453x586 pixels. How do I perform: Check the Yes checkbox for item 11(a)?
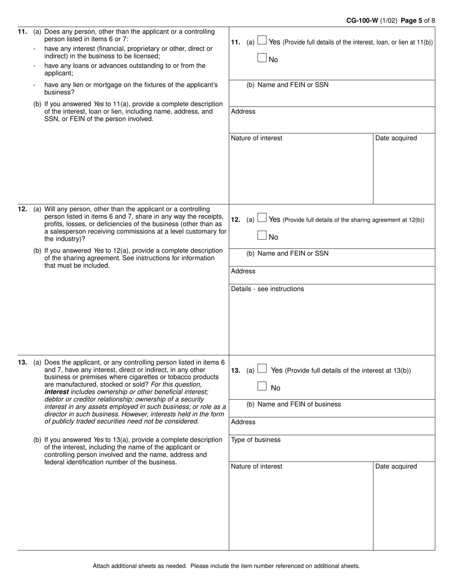262,41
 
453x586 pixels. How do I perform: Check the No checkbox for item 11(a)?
262,58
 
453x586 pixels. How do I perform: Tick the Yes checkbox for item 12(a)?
262,218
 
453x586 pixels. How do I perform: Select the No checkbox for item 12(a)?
262,235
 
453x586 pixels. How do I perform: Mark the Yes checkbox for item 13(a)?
262,369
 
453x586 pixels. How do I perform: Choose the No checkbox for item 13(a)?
262,386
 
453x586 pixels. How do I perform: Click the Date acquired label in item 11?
396,138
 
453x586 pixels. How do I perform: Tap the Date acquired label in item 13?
396,466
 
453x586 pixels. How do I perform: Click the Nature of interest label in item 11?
257,138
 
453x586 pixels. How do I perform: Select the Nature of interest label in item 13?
257,466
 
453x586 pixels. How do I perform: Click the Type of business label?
256,440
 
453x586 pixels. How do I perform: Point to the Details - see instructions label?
267,289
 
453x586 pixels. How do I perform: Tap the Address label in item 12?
243,271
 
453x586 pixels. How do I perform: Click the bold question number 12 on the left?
22,209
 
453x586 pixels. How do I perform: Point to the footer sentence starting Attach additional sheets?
226,566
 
